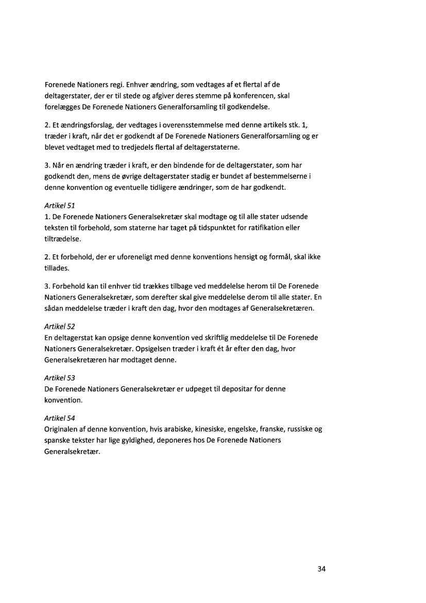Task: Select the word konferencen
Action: point(257,95)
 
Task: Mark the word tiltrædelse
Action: point(59,240)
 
